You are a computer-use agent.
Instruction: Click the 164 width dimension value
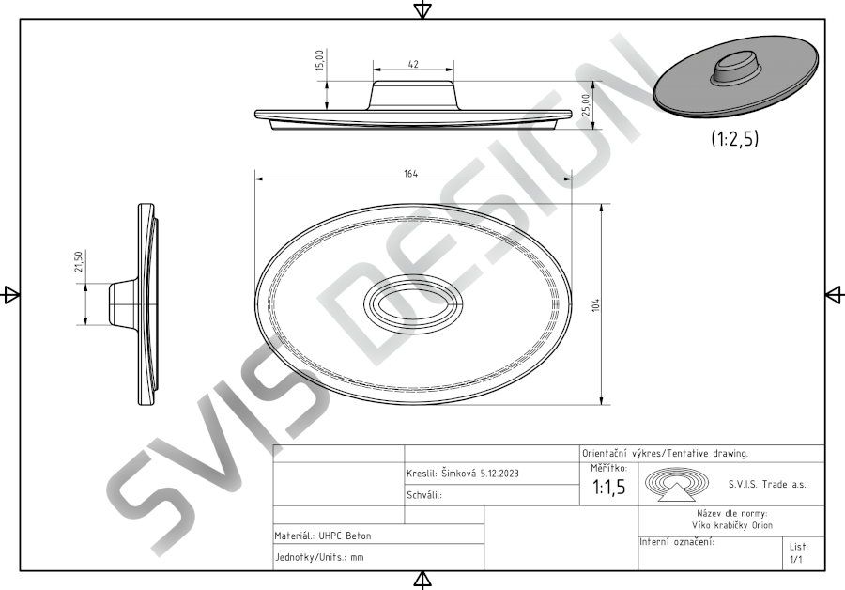tap(410, 174)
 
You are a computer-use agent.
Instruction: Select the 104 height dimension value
tap(595, 304)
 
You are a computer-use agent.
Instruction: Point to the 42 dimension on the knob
tap(413, 64)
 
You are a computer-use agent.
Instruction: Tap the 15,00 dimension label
tap(320, 60)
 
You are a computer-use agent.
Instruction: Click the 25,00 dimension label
tap(586, 104)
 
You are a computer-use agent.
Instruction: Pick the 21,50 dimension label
tap(79, 261)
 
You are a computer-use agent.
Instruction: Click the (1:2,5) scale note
tap(734, 139)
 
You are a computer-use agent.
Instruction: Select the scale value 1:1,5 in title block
tap(609, 487)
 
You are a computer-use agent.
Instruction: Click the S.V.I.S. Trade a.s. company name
tap(767, 484)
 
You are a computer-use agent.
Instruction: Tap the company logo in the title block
tap(677, 484)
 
